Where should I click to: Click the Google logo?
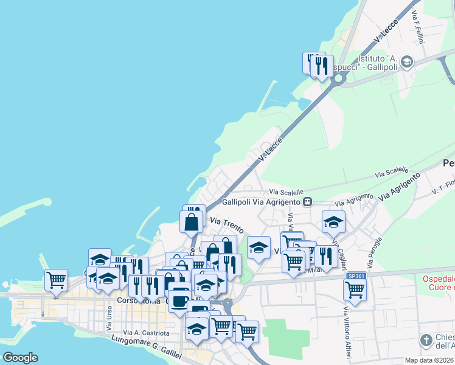coord(20,358)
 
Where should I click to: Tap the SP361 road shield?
coord(356,276)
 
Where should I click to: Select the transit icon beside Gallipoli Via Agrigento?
coord(308,201)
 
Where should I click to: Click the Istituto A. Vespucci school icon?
coord(407,61)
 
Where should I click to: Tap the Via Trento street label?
coord(227,225)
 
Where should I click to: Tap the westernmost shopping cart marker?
coord(56,280)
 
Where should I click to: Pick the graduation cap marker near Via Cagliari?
coord(333,222)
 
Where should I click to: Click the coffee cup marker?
coord(179,301)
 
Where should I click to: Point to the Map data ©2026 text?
coord(429,360)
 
